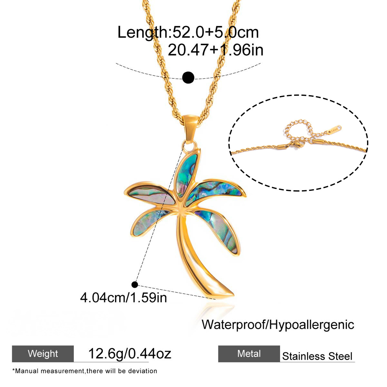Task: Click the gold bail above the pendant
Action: point(191,129)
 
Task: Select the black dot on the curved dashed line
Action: point(188,77)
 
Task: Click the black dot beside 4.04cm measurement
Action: point(134,284)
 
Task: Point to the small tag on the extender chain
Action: point(334,130)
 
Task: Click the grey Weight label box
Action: point(43,354)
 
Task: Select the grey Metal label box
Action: point(249,354)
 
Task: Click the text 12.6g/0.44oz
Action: point(130,354)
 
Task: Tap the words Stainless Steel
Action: point(317,356)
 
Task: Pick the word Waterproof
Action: point(233,324)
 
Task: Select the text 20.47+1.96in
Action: point(215,50)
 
